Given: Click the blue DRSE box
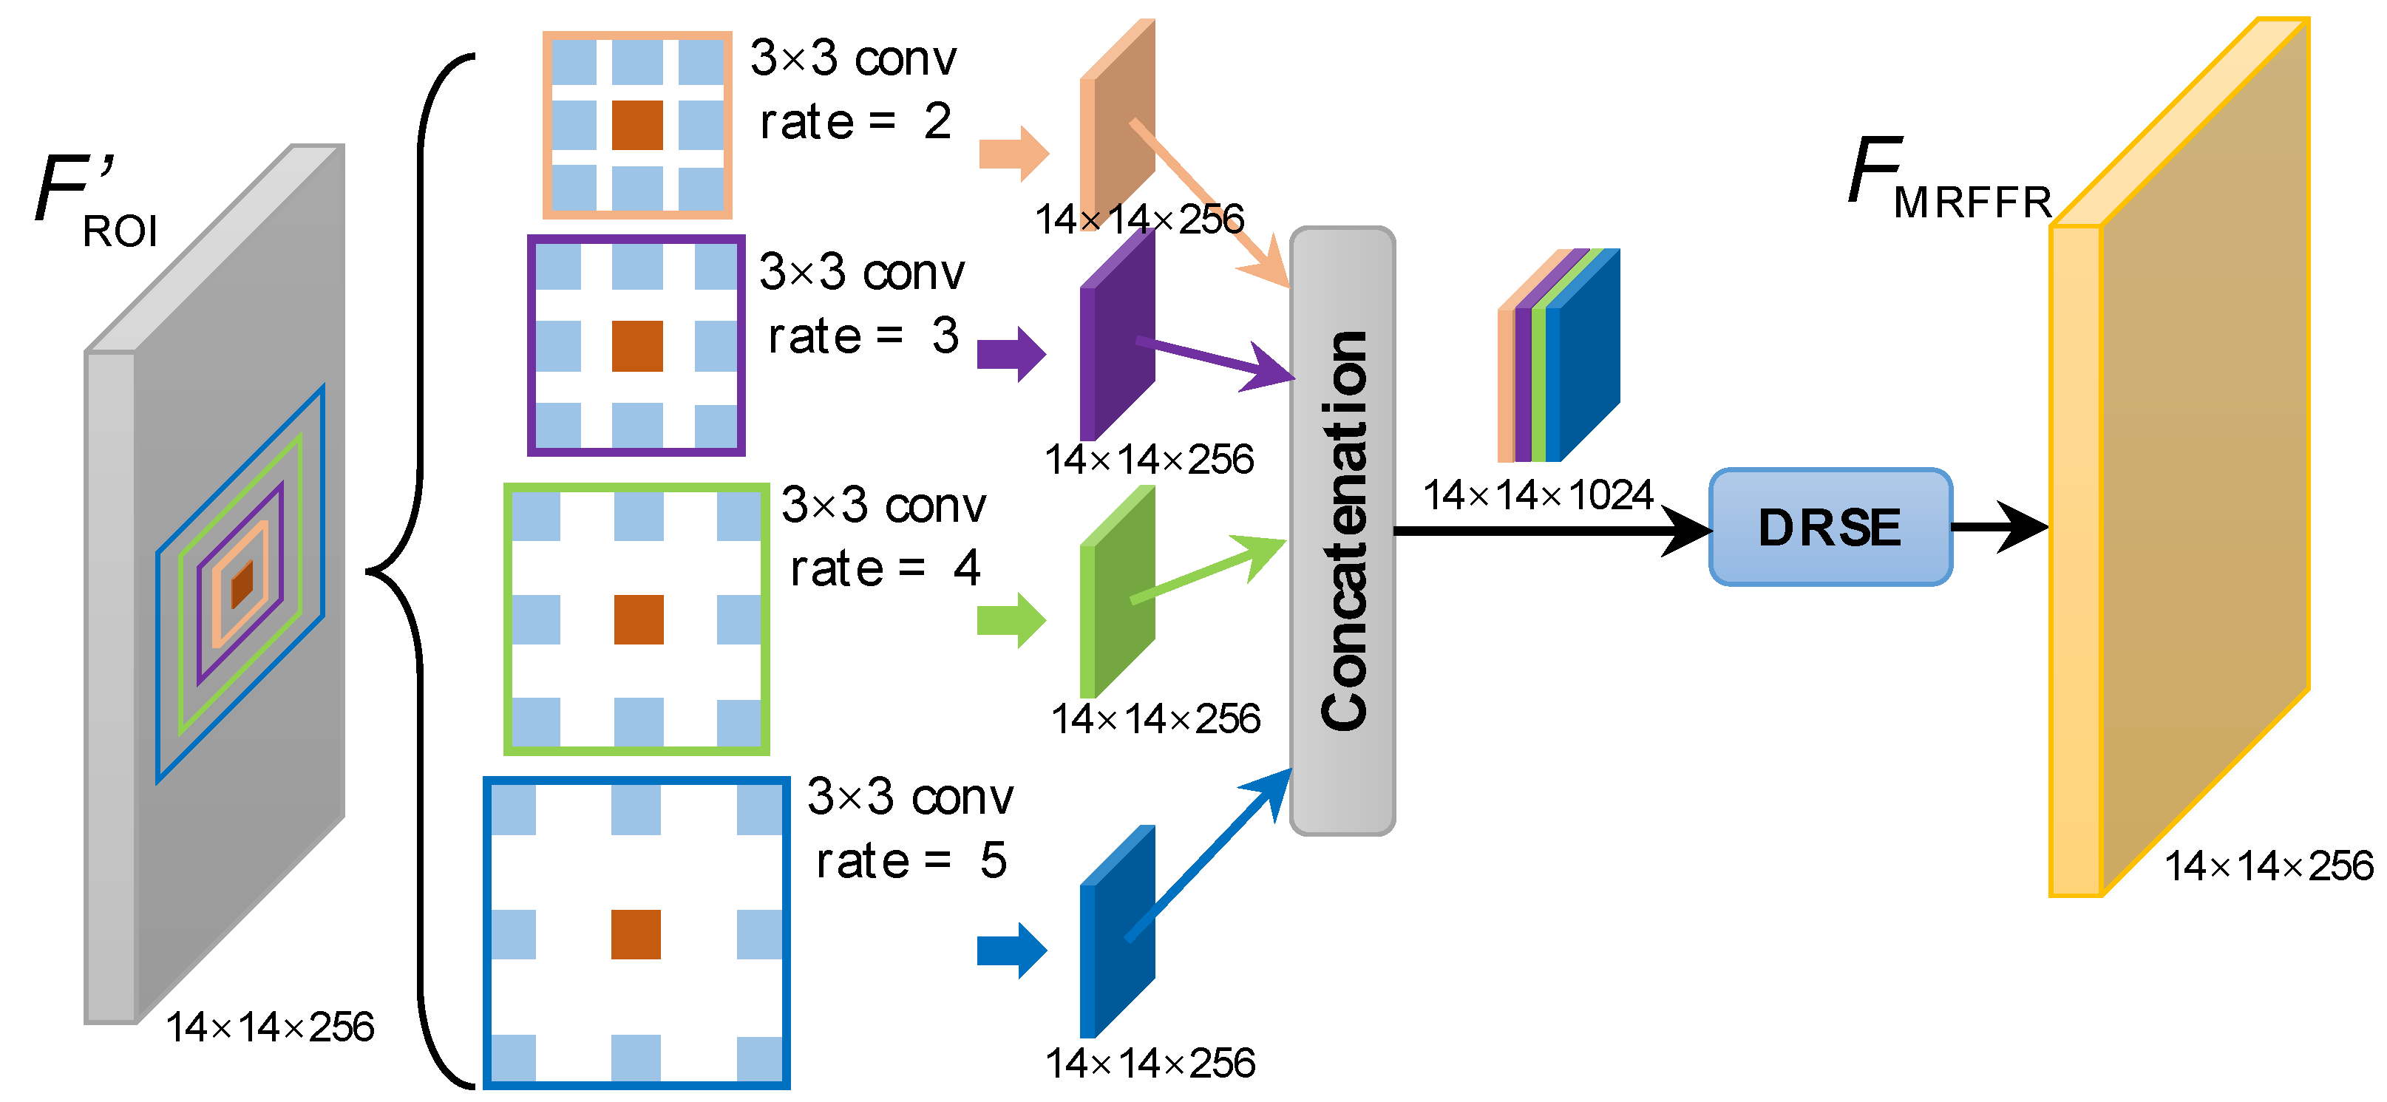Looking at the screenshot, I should click(x=1830, y=528).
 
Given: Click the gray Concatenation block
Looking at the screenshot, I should click(x=1342, y=530).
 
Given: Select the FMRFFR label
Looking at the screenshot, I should click(x=1946, y=181).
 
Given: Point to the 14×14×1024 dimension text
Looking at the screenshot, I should click(x=1538, y=496).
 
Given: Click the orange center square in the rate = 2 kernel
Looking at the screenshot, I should click(x=637, y=125).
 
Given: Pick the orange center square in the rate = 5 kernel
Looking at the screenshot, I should click(x=636, y=934).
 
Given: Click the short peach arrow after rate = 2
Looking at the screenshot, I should click(x=1013, y=154).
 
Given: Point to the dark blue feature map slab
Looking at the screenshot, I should click(x=1116, y=931).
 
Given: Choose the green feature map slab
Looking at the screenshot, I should click(x=1116, y=593).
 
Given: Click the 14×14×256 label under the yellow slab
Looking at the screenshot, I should click(x=2269, y=866).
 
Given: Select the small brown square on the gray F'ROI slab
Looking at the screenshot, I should click(x=242, y=584).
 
